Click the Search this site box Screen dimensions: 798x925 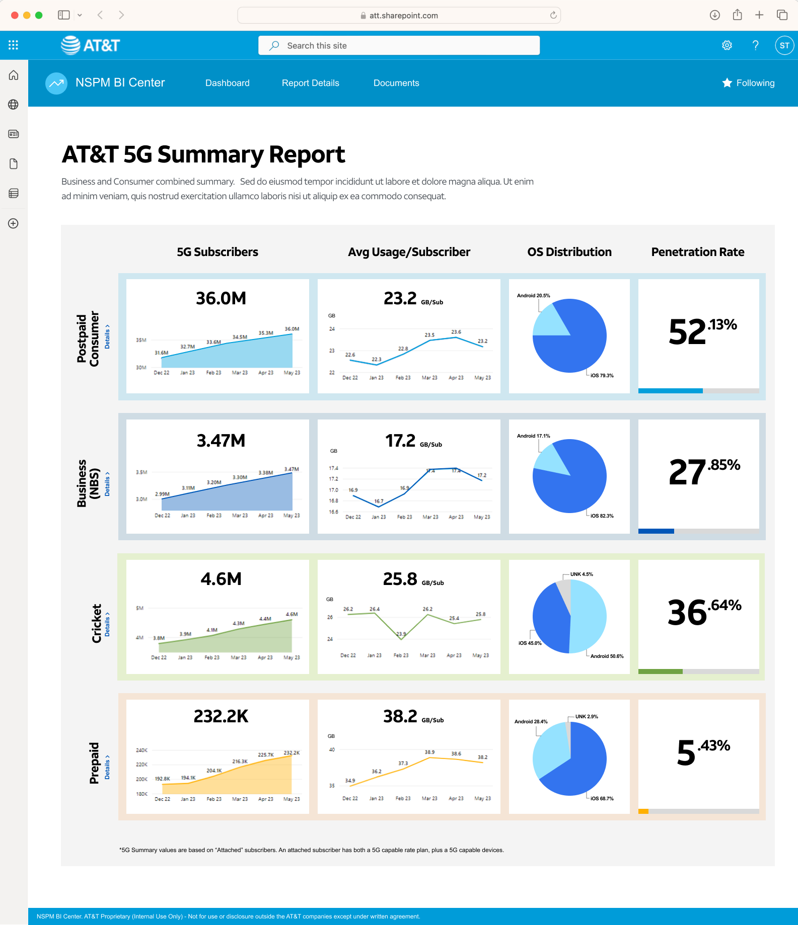(x=399, y=45)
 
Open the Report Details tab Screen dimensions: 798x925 (x=310, y=83)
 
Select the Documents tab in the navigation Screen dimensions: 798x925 (x=396, y=83)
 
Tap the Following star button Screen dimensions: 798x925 (x=748, y=83)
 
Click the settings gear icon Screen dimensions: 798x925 (x=727, y=45)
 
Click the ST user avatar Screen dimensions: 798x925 (x=784, y=45)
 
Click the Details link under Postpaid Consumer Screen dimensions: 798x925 (x=107, y=337)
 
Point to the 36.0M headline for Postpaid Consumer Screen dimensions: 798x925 (x=221, y=298)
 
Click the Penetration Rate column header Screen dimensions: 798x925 (x=698, y=252)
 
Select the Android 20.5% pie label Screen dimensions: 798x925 (x=533, y=295)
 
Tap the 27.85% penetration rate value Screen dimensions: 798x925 (x=704, y=471)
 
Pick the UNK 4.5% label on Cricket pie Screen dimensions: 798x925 (x=582, y=574)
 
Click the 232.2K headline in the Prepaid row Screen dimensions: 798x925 (x=221, y=716)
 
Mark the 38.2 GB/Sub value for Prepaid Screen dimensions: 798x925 (x=413, y=716)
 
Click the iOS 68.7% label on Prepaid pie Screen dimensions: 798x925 (x=602, y=798)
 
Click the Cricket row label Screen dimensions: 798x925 (x=97, y=623)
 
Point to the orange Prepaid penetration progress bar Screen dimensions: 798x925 (x=643, y=811)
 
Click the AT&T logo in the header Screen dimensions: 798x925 (x=91, y=45)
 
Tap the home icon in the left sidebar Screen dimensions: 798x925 (x=14, y=75)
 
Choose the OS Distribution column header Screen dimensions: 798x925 (x=569, y=252)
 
